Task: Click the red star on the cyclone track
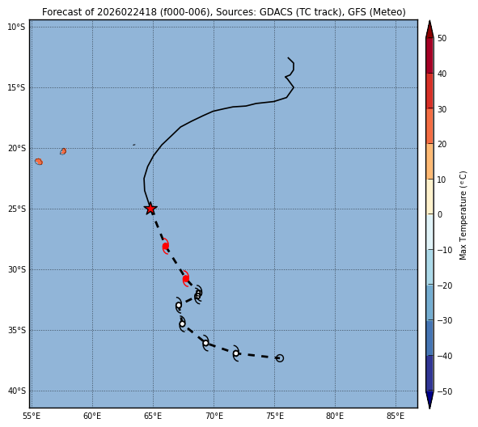(x=150, y=209)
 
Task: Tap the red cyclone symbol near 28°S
(x=166, y=246)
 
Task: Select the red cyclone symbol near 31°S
(x=186, y=278)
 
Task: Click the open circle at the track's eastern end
(x=280, y=358)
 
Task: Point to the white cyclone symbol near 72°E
(x=236, y=353)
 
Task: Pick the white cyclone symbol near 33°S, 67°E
(x=179, y=305)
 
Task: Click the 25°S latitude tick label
(x=17, y=209)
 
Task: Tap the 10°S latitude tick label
(x=17, y=27)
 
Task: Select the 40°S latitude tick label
(x=17, y=391)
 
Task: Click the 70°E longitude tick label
(x=214, y=416)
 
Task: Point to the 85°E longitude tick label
(x=396, y=416)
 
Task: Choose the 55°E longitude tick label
(x=32, y=416)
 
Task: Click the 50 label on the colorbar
(x=442, y=38)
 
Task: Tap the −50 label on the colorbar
(x=445, y=391)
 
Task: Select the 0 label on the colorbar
(x=440, y=214)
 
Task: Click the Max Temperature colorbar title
(x=463, y=215)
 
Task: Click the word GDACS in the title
(x=273, y=12)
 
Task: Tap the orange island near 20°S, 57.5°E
(x=63, y=151)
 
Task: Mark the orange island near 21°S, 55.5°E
(x=39, y=162)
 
